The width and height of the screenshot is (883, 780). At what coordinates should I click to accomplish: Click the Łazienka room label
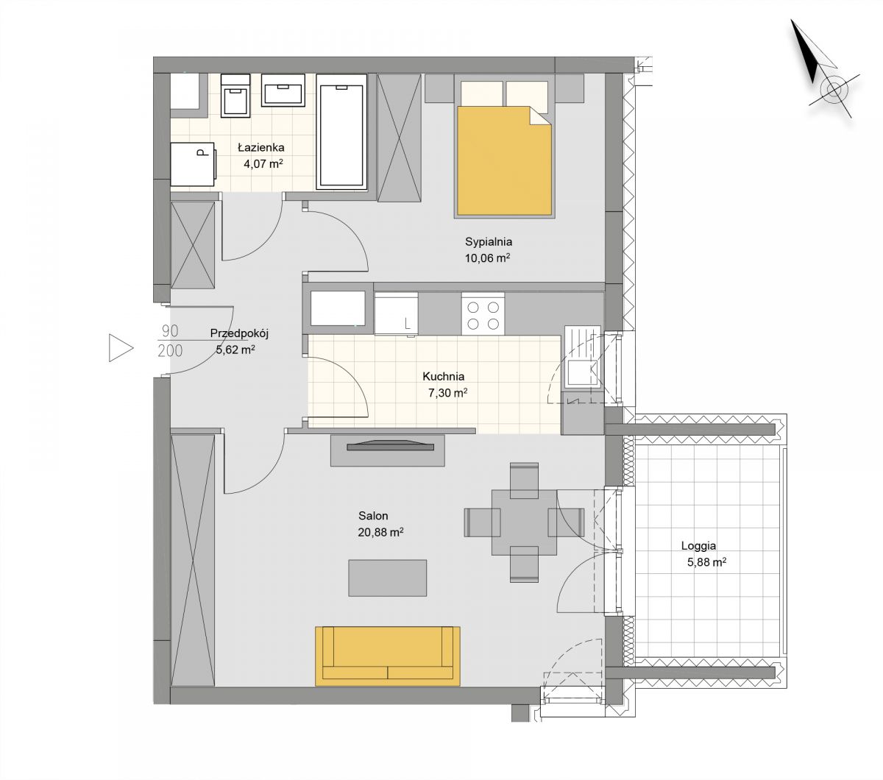point(261,147)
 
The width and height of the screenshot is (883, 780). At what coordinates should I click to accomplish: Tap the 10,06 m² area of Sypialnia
point(487,258)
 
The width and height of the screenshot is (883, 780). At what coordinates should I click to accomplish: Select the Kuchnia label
point(443,376)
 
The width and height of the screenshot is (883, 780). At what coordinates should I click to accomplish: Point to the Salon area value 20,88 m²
point(380,532)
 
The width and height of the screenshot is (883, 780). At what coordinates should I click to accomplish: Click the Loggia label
point(698,546)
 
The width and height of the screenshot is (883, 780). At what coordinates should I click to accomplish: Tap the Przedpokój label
point(239,333)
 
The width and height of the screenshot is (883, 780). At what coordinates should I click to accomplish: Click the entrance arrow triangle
point(121,347)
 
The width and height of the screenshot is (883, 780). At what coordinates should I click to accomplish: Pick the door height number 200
point(170,350)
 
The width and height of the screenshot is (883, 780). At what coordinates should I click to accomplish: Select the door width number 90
point(170,331)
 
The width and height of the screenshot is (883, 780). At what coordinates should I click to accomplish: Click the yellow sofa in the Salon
point(388,656)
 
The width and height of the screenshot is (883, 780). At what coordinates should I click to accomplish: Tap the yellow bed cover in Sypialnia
point(504,161)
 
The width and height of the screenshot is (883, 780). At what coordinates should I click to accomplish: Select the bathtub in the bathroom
point(341,132)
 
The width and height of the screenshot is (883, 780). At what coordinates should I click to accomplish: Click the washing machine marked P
point(193,164)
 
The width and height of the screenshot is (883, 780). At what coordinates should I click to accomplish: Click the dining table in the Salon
point(525,522)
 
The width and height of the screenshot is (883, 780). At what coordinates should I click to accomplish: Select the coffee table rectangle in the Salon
point(388,578)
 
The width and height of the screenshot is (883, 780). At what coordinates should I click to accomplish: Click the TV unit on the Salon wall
point(388,450)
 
